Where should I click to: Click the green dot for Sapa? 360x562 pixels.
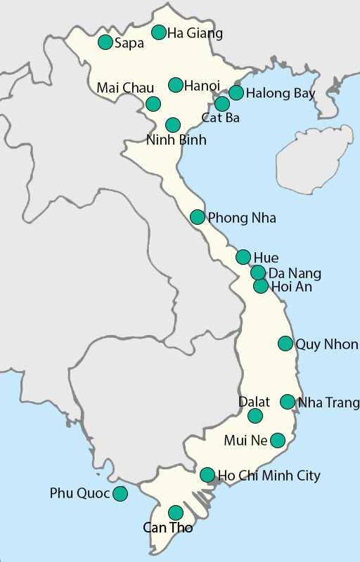[x=105, y=42]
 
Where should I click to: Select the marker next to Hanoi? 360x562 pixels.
[x=176, y=85]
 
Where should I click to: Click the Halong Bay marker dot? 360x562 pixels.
[x=236, y=92]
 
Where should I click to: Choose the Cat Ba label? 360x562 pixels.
[x=220, y=118]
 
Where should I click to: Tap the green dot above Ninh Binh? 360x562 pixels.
[x=172, y=124]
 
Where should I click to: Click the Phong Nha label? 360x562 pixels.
[x=242, y=218]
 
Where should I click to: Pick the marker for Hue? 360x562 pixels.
[x=243, y=256]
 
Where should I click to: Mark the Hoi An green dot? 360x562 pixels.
[x=261, y=286]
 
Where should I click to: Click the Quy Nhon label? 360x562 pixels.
[x=327, y=344]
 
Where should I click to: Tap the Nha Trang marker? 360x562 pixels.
[x=288, y=401]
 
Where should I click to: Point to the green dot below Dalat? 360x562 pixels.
[x=255, y=416]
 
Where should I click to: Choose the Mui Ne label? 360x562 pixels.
[x=245, y=440]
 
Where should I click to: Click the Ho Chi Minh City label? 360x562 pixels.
[x=269, y=476]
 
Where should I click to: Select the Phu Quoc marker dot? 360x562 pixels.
[x=120, y=493]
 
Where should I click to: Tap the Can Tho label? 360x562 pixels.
[x=167, y=528]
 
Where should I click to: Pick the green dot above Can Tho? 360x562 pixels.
[x=176, y=513]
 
